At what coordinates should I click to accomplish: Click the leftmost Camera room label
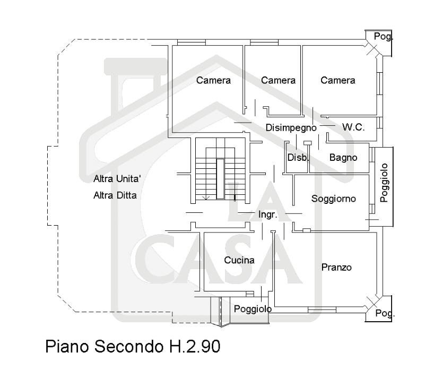(x=213, y=81)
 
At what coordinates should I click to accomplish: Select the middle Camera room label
(x=278, y=81)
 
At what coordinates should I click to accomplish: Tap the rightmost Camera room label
(x=337, y=81)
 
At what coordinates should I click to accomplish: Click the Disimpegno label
(x=291, y=127)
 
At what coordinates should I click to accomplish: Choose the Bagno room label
(x=343, y=158)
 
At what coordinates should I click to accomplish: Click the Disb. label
(x=298, y=158)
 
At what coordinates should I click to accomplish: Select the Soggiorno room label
(x=333, y=199)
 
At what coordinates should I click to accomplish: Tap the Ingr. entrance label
(x=268, y=215)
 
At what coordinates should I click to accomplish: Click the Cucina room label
(x=239, y=261)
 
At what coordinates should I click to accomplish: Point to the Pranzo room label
(x=336, y=268)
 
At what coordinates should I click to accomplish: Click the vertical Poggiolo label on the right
(x=385, y=183)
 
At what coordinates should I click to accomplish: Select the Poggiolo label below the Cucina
(x=253, y=309)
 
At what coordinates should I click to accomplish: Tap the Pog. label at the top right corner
(x=384, y=37)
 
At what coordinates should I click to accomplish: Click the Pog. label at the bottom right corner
(x=385, y=314)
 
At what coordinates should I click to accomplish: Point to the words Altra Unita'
(x=117, y=178)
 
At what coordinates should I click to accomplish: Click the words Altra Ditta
(x=115, y=195)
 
